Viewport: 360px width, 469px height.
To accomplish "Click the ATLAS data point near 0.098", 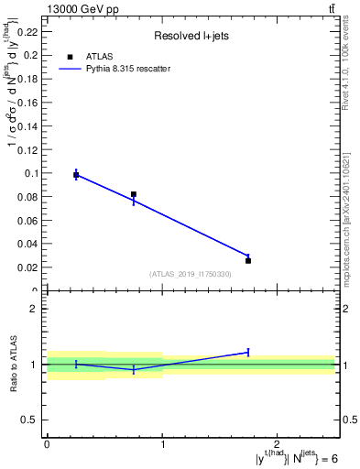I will click(76, 175).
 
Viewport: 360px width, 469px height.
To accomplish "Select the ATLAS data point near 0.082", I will click(134, 194).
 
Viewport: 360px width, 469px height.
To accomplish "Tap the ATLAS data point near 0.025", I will click(248, 261).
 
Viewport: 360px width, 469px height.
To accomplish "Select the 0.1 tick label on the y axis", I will click(32, 173).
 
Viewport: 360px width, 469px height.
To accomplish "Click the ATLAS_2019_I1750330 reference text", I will click(190, 274).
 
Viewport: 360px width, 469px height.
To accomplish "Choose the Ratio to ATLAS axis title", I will click(15, 364).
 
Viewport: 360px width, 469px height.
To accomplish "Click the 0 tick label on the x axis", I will click(47, 443).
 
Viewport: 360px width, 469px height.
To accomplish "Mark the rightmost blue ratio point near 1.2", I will click(248, 352).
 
